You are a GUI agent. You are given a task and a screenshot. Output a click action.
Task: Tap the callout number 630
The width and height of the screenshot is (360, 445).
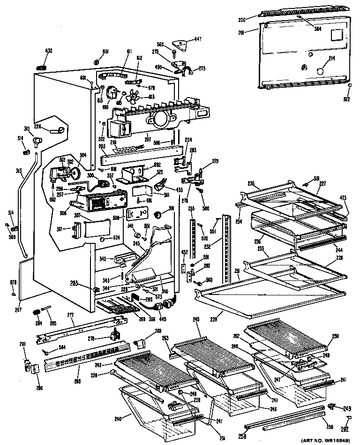click(49, 51)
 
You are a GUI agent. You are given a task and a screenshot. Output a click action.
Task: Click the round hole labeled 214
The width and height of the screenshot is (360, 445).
click(321, 71)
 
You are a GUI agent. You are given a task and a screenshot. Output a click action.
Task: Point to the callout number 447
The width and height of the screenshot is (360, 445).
click(198, 39)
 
